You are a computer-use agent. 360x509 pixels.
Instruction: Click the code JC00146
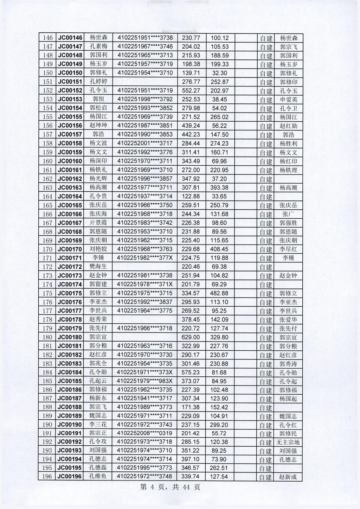click(x=70, y=38)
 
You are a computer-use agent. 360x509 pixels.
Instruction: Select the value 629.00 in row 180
click(x=191, y=337)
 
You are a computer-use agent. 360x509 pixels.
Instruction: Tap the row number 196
click(x=47, y=477)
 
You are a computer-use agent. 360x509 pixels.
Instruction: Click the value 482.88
click(x=219, y=293)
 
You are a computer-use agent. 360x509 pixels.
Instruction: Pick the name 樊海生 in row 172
click(x=98, y=267)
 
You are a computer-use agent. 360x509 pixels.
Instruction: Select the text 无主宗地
click(x=288, y=442)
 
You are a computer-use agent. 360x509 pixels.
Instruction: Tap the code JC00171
click(x=70, y=258)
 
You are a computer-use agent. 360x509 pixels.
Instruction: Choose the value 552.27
click(x=191, y=90)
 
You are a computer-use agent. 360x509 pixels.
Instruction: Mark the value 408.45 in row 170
click(x=219, y=249)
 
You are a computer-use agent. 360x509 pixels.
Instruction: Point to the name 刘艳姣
click(x=98, y=249)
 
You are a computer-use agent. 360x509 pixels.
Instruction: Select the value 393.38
click(x=219, y=187)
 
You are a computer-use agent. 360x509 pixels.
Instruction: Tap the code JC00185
click(x=70, y=381)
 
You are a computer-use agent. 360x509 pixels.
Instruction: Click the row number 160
click(x=47, y=161)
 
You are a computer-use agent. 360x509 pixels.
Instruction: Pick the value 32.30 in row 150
click(x=219, y=73)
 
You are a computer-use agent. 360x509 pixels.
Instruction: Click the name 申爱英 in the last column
click(x=288, y=100)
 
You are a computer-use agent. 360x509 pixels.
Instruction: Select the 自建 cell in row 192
click(x=266, y=442)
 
